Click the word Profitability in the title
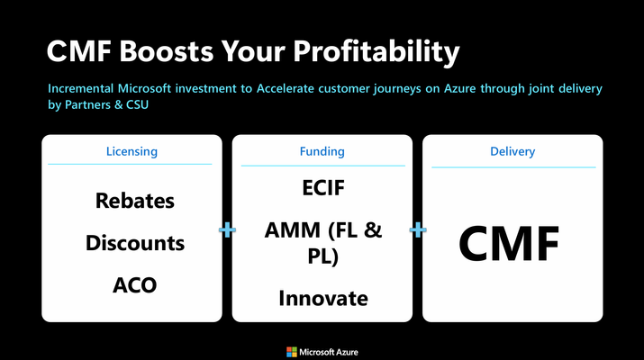pos(376,52)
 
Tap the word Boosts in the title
pos(167,51)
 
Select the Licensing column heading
pos(132,151)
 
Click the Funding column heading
pos(322,151)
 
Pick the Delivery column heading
pos(512,151)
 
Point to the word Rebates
pos(135,201)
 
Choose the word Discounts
pos(135,243)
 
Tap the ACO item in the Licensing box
pos(135,285)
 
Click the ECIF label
pos(323,188)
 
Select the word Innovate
pos(323,299)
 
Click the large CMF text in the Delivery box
pos(509,243)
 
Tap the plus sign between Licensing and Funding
pos(227,229)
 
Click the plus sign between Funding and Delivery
pos(418,229)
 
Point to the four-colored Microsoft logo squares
pos(292,352)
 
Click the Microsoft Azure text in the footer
pos(329,352)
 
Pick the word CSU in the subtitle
pos(137,104)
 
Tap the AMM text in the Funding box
pos(292,229)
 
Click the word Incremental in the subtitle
pos(80,89)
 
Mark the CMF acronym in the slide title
pos(79,51)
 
